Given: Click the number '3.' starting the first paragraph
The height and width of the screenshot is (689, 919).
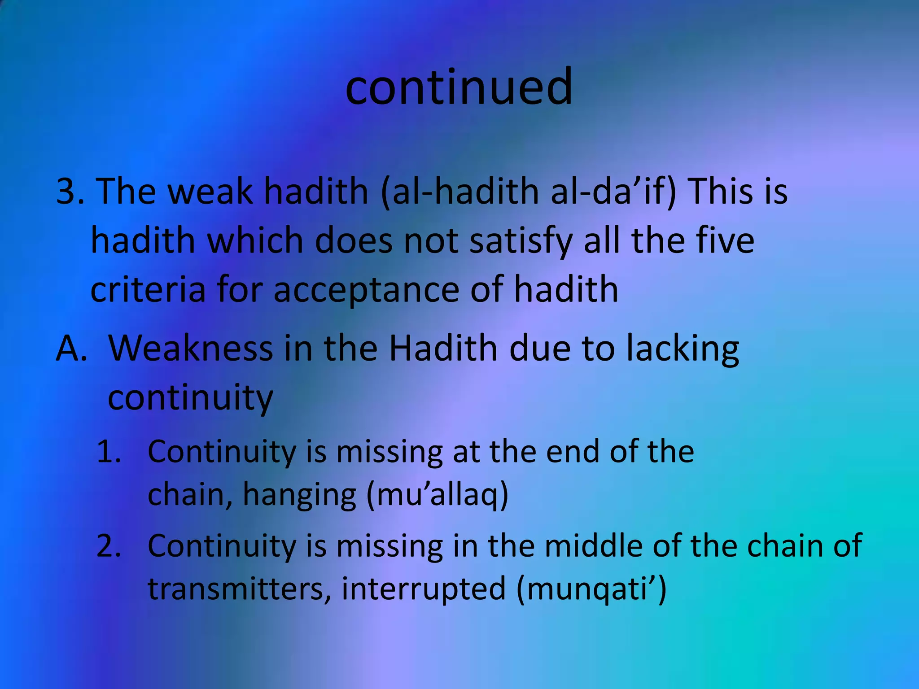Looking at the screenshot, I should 70,191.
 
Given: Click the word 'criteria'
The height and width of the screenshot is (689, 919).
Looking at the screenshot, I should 148,290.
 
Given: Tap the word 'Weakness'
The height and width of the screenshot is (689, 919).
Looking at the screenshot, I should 191,349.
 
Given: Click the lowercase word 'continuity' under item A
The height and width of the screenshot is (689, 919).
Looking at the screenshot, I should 190,398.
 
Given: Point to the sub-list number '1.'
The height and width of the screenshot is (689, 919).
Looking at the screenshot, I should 109,452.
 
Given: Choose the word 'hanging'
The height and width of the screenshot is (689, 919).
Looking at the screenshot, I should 299,496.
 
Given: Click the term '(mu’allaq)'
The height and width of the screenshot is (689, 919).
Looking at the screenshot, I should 438,496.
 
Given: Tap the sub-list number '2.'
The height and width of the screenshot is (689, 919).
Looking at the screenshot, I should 109,546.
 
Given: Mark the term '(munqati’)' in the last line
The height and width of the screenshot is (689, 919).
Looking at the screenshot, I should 591,589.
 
